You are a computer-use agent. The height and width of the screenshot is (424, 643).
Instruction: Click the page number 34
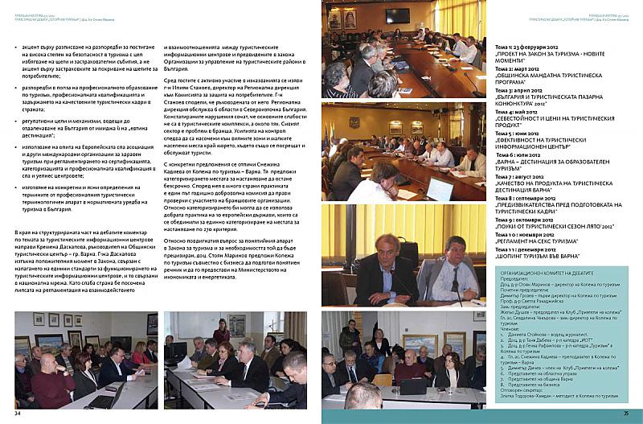pos(17,414)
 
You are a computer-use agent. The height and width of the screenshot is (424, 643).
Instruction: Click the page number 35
pos(625,414)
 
